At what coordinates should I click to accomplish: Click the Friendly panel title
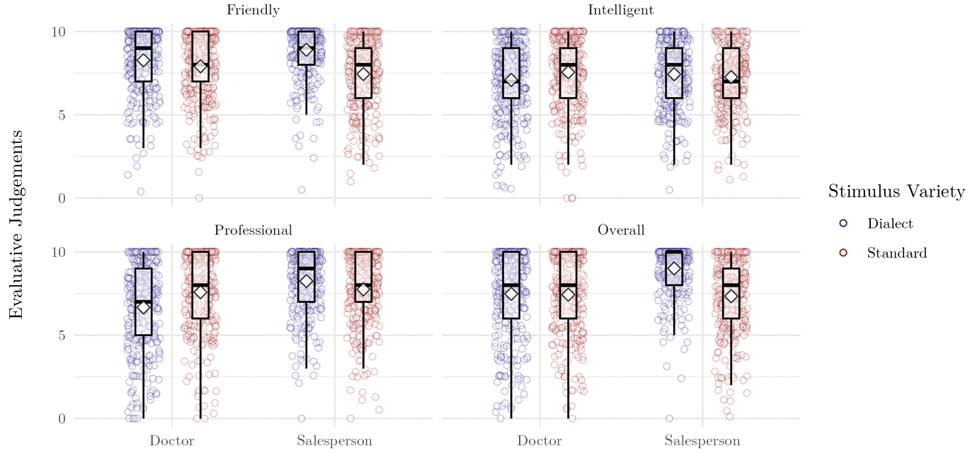(x=253, y=10)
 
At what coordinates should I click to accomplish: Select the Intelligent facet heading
(x=620, y=10)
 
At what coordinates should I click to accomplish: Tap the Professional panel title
(x=253, y=230)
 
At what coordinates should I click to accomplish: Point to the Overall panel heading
(x=620, y=230)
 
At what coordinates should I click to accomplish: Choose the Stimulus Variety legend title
(x=896, y=191)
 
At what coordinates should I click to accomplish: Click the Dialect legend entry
(x=890, y=223)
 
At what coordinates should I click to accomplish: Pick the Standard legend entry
(x=896, y=253)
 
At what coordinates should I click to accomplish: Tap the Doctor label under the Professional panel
(x=172, y=440)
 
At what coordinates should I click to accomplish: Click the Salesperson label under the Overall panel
(x=702, y=440)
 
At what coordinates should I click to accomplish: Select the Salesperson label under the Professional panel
(x=334, y=440)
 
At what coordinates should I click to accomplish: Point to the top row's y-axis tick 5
(x=61, y=115)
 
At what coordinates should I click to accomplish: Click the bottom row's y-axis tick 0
(x=61, y=418)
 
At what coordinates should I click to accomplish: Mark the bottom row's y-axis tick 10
(x=57, y=252)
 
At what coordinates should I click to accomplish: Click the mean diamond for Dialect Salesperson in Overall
(x=674, y=269)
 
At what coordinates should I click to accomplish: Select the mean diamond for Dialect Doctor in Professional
(x=144, y=306)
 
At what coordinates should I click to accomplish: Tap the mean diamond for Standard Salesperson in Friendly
(x=363, y=74)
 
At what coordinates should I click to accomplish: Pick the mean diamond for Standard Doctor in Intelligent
(x=568, y=71)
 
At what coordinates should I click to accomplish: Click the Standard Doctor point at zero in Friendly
(x=199, y=198)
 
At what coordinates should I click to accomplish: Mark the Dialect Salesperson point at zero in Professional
(x=302, y=418)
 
